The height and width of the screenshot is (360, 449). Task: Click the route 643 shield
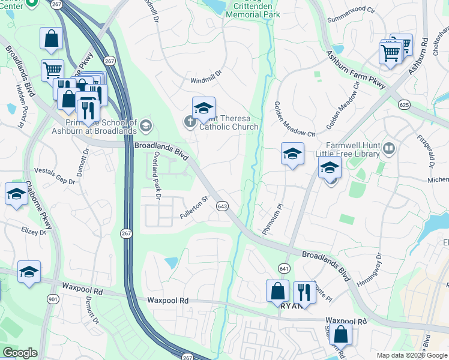point(223,206)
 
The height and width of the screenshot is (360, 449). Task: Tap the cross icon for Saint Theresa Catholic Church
point(189,122)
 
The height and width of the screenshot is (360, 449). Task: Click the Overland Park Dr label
point(156,175)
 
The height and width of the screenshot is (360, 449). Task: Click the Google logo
point(20,353)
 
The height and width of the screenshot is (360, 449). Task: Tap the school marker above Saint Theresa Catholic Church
point(203,109)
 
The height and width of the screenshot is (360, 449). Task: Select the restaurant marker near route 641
point(304,292)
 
